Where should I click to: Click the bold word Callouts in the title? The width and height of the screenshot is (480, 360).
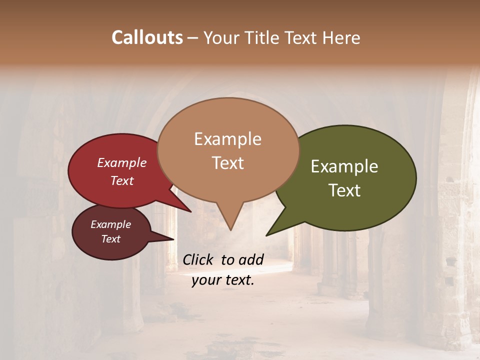click(147, 37)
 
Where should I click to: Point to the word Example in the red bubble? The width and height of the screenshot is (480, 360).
click(121, 163)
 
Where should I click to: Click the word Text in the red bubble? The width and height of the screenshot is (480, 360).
click(121, 180)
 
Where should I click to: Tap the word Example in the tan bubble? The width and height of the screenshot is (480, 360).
click(227, 139)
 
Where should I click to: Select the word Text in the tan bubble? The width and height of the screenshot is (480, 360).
click(227, 163)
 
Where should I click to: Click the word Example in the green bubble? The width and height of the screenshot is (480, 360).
click(344, 166)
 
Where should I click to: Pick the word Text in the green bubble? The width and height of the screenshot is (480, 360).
click(344, 190)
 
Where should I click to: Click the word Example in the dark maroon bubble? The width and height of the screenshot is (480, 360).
click(110, 224)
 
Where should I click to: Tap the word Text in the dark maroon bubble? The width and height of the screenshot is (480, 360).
click(110, 239)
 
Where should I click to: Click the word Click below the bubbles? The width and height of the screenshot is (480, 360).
click(198, 259)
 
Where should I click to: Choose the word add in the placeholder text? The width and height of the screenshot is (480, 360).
click(251, 259)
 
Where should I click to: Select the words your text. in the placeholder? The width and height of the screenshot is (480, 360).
click(223, 280)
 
